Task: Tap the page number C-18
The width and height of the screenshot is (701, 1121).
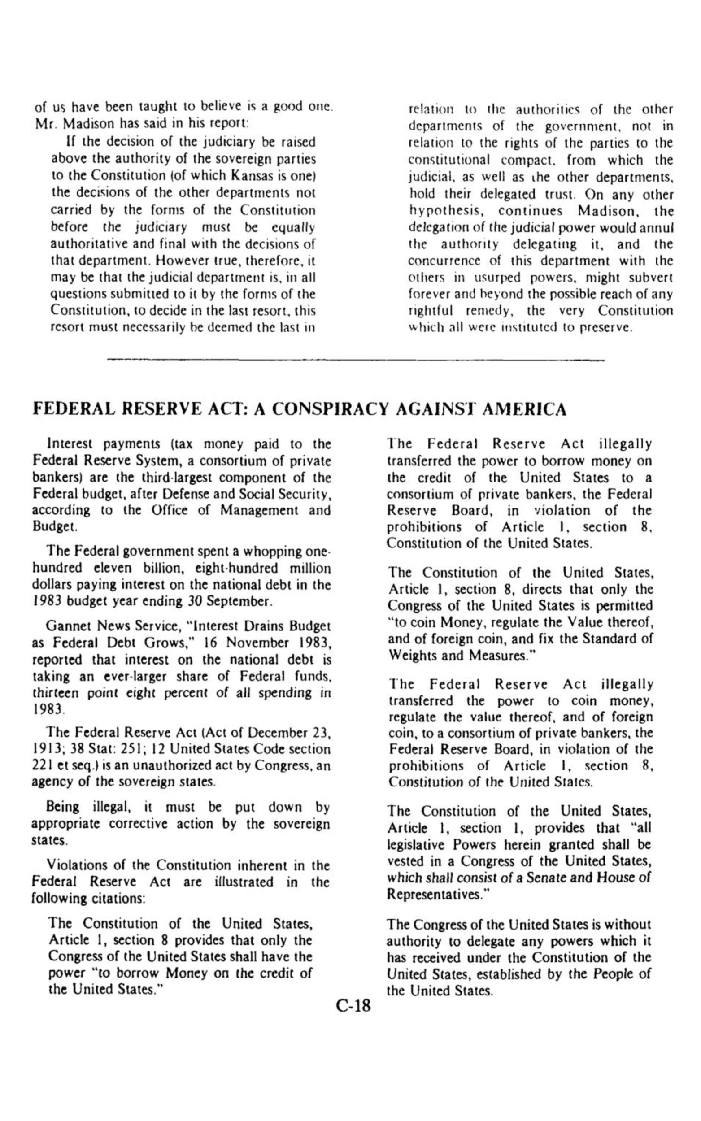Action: [x=353, y=1006]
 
